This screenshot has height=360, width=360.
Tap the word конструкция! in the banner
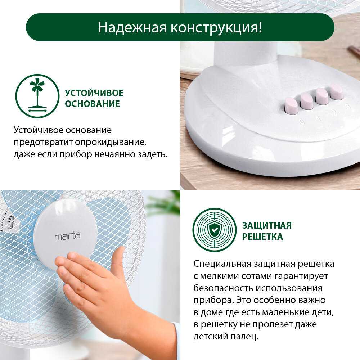click(x=216, y=28)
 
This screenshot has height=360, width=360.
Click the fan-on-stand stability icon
click(x=37, y=96)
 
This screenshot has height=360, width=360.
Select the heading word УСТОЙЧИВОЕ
click(x=94, y=93)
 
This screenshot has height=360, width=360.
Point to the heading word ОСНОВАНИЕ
click(x=92, y=104)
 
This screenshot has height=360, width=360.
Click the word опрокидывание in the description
click(x=111, y=142)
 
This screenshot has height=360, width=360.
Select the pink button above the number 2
click(x=322, y=96)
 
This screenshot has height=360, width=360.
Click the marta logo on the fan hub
click(x=67, y=237)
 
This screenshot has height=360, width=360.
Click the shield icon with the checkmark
click(x=215, y=230)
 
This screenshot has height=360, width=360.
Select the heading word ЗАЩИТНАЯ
click(x=267, y=226)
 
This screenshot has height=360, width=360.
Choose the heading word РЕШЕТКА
click(x=262, y=237)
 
